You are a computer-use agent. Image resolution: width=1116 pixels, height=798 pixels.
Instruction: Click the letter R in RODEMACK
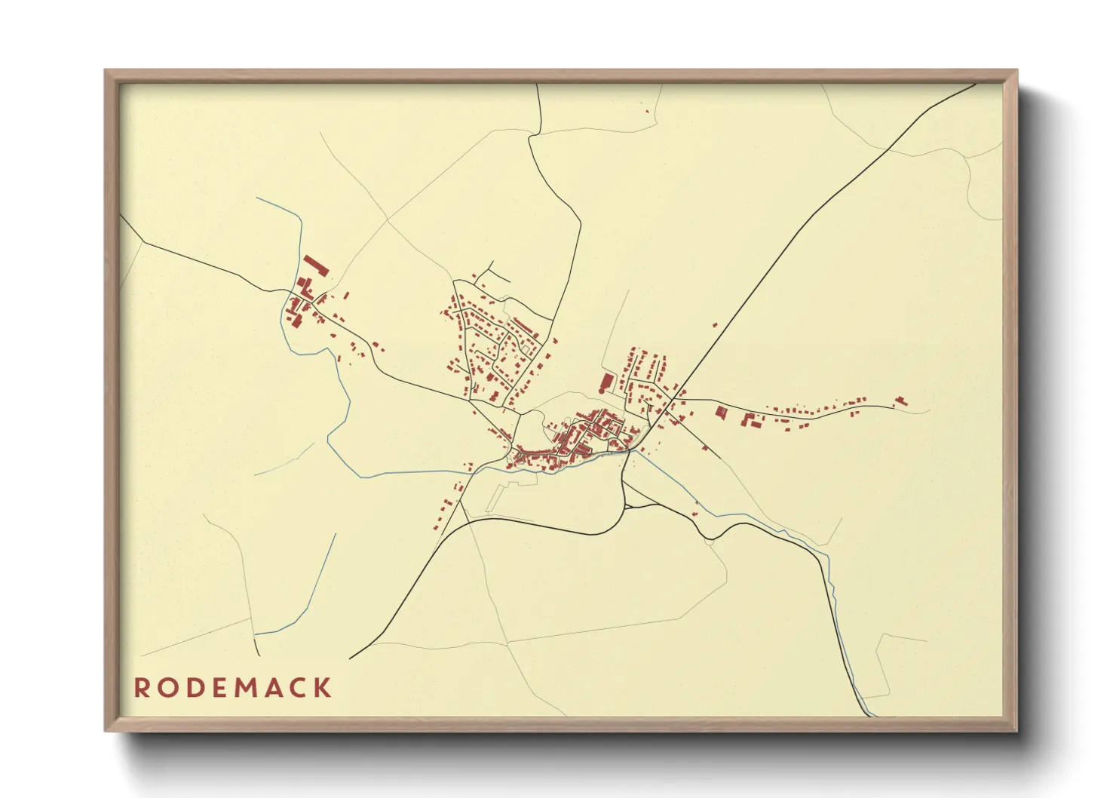point(142,688)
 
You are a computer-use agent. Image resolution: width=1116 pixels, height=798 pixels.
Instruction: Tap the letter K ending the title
point(323,688)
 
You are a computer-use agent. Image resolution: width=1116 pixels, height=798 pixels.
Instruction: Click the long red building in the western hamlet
point(317,265)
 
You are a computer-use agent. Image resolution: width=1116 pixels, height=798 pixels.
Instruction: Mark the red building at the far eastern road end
point(900,401)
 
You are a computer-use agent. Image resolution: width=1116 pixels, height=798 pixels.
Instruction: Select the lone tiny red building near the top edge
point(647,112)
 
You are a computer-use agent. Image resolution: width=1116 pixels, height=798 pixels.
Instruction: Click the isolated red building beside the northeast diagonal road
point(715,325)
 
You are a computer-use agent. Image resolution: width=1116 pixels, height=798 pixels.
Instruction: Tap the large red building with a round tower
point(604,382)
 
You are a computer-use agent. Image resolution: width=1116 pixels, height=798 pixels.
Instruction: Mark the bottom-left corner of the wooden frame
point(106,730)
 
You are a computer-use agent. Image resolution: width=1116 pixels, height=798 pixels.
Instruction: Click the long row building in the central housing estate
point(526,326)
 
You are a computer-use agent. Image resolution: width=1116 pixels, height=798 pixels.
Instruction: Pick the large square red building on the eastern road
point(722,413)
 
